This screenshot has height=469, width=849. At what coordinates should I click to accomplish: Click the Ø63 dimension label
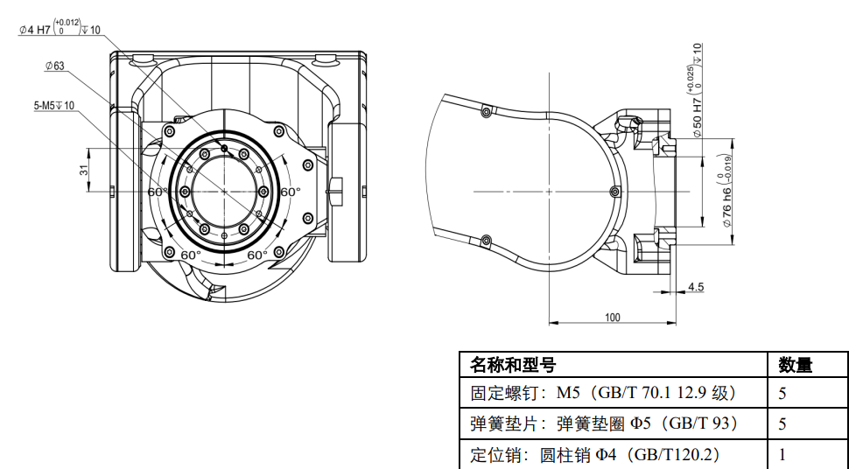(54, 66)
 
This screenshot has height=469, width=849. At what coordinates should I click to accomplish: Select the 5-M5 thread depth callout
(54, 106)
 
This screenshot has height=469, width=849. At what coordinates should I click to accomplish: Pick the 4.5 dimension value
(696, 286)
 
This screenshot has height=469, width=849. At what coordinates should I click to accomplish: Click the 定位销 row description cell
(594, 454)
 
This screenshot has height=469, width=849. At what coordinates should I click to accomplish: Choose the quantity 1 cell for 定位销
(782, 454)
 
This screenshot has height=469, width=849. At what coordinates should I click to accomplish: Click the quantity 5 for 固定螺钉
(782, 393)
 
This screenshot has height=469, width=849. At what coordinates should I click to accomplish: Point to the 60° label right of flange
(291, 192)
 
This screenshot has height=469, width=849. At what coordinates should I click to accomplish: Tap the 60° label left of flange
(158, 192)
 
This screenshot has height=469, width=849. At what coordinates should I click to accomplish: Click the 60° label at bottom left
(190, 255)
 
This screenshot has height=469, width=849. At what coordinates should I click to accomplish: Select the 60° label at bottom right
(257, 255)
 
